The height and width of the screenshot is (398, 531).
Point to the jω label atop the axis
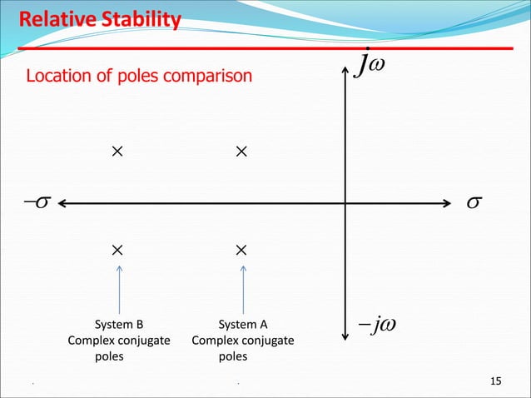tap(370, 63)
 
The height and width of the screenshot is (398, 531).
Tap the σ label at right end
tap(475, 203)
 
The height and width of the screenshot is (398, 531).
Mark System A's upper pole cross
tap(241, 152)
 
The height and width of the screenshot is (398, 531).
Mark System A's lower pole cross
tap(241, 249)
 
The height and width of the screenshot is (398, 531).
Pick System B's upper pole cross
tap(117, 152)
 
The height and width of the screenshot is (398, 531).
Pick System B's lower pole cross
tap(117, 249)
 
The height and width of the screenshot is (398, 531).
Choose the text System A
tap(243, 325)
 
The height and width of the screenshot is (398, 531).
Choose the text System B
tap(120, 325)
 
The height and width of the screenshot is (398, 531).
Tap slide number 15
tap(496, 381)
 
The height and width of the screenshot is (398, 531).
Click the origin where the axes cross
tap(345, 202)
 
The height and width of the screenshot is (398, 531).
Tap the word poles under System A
tap(232, 356)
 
